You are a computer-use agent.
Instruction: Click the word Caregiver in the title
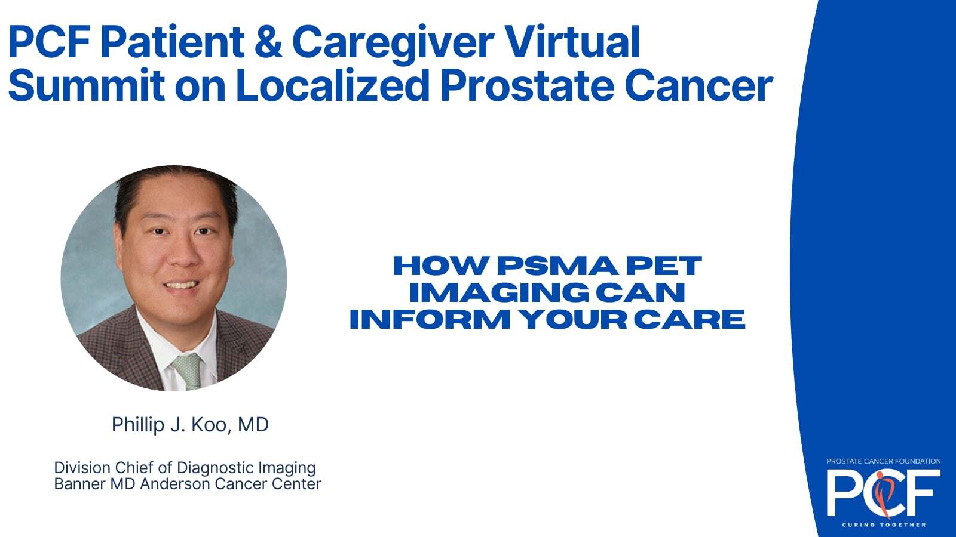[x=393, y=42]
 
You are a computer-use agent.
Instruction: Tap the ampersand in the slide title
[x=268, y=42]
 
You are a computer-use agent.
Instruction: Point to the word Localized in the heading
[x=332, y=85]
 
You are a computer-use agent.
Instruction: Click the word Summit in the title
[x=86, y=85]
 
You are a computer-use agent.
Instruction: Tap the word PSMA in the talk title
[x=557, y=266]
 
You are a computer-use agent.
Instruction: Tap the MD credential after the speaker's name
[x=253, y=424]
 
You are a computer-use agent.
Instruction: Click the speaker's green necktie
[x=188, y=371]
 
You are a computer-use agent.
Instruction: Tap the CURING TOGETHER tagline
[x=884, y=525]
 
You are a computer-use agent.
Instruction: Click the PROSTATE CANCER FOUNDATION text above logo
[x=884, y=462]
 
